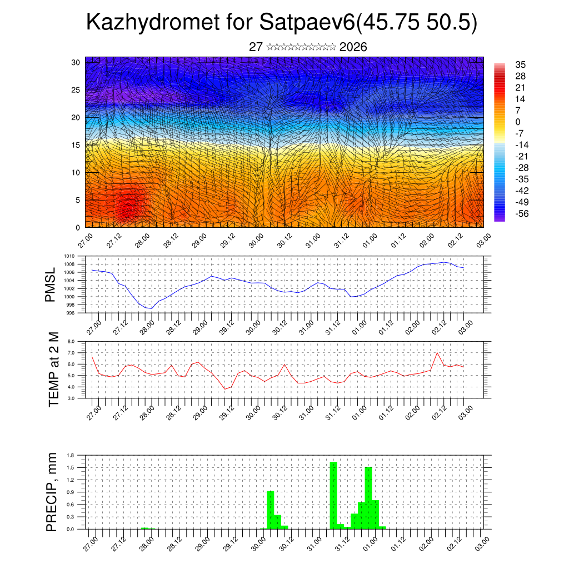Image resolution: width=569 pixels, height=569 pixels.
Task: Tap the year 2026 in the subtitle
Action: click(x=353, y=47)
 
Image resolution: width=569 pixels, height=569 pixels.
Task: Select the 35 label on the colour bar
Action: click(x=521, y=64)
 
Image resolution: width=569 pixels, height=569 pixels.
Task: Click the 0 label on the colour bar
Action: click(x=518, y=122)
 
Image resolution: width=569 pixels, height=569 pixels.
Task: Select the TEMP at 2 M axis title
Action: click(x=53, y=370)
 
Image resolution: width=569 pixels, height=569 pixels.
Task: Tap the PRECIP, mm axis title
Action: click(x=52, y=492)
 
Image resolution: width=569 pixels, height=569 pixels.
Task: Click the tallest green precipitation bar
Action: click(x=333, y=495)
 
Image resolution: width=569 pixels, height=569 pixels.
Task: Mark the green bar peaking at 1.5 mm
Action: click(x=368, y=497)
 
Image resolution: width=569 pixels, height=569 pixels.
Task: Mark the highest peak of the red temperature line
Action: click(x=437, y=353)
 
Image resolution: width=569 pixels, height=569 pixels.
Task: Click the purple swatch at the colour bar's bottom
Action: click(x=499, y=218)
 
